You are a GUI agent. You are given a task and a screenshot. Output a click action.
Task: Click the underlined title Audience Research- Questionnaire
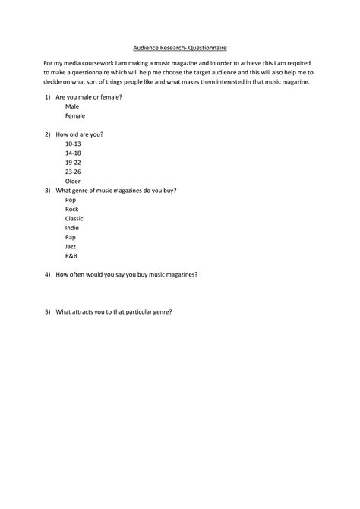click(180, 47)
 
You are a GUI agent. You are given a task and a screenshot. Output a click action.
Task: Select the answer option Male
click(72, 107)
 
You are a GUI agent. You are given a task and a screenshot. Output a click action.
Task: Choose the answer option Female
click(75, 116)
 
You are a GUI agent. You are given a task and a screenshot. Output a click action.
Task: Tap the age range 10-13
click(73, 144)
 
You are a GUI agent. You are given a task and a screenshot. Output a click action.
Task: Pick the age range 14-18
click(73, 153)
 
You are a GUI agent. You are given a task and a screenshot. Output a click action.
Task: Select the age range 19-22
click(73, 163)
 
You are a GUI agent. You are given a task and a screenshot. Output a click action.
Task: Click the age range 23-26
click(73, 172)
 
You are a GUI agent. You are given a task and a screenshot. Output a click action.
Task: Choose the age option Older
click(73, 181)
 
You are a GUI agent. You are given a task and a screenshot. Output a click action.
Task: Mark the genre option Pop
click(71, 200)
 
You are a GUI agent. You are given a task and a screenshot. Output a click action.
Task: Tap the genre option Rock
click(72, 209)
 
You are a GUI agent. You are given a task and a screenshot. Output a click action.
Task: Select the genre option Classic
click(74, 218)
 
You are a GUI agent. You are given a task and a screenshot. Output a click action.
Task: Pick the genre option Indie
click(72, 228)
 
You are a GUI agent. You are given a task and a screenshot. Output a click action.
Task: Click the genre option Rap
click(71, 237)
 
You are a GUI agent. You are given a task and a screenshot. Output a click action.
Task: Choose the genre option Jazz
click(71, 246)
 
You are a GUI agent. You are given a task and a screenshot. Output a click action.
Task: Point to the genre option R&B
click(71, 255)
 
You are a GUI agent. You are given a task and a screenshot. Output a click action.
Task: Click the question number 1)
click(47, 98)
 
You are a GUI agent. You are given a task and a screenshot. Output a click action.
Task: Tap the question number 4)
click(47, 274)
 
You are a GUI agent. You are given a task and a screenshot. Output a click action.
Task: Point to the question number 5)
click(47, 311)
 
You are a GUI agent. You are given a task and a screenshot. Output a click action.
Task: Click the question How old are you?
click(80, 134)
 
